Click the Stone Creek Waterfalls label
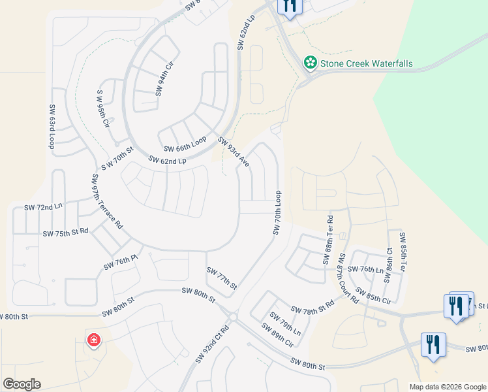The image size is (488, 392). (x=366, y=64)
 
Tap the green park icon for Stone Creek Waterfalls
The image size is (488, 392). (x=311, y=63)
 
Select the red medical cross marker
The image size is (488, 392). (x=94, y=340)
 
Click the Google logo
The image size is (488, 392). (x=22, y=384)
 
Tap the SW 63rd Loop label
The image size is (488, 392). (x=51, y=125)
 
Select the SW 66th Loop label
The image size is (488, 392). (x=185, y=144)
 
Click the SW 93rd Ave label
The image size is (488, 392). (x=234, y=152)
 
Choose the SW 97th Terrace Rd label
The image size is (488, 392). (x=107, y=201)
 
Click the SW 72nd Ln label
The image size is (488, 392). (x=43, y=206)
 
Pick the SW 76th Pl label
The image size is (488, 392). (x=121, y=263)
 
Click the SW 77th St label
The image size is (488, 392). (x=221, y=278)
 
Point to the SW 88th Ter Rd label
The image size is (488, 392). (x=328, y=240)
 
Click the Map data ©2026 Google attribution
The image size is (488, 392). (x=447, y=387)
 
